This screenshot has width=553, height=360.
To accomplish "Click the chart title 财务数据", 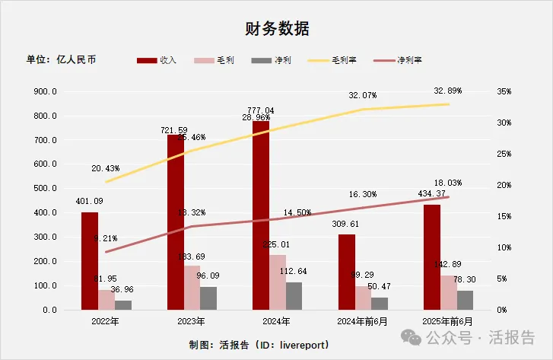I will point(276,29).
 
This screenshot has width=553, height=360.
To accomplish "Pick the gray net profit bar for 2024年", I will point(294,296).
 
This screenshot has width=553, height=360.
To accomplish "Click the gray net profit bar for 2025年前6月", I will point(465,300).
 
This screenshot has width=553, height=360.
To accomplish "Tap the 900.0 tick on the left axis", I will point(46,91).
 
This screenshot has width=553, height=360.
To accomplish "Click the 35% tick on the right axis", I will point(504,91).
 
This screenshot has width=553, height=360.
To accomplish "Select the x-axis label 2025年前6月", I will point(448,321).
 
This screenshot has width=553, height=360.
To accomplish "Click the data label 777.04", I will point(260,110).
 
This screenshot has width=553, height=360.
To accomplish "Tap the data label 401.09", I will point(89,202).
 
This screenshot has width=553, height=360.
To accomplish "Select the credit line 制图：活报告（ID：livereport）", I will point(259,345).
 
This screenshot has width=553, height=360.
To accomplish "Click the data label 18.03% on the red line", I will point(447,183).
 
